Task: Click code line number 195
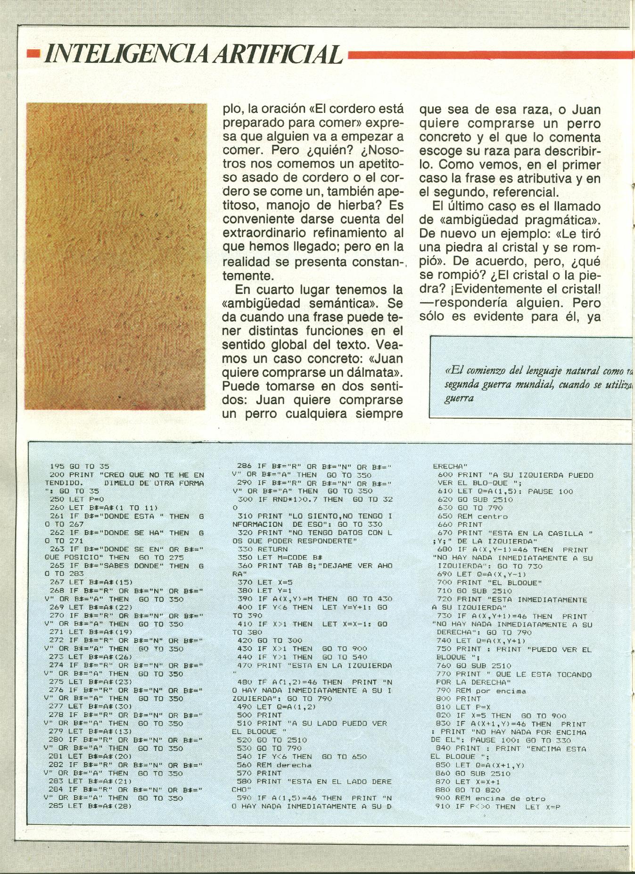[x=57, y=466]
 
